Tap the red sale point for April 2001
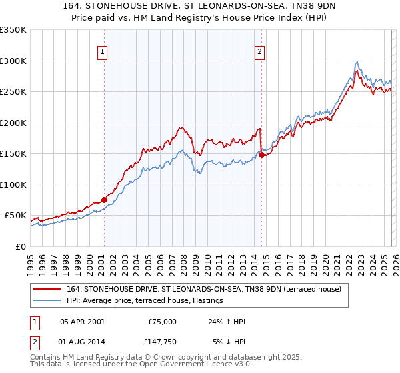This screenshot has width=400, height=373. point(104,200)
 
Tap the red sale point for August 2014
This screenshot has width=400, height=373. point(261,155)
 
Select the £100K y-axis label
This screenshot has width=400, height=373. point(15,185)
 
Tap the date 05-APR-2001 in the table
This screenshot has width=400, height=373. point(82,321)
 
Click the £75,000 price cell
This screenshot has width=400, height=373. point(161,321)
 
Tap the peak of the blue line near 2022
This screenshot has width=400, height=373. point(358,61)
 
